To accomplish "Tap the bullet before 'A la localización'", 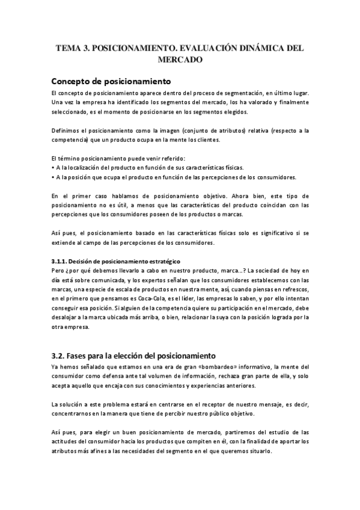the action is click(53, 167).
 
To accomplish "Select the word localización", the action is click(85, 167).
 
